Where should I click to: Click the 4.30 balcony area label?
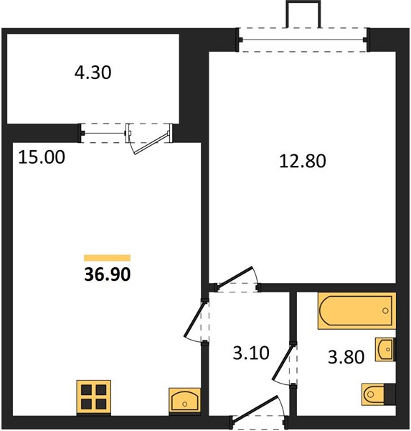(x=93, y=73)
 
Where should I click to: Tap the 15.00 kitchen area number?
(x=42, y=157)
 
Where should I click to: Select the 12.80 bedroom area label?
(x=303, y=161)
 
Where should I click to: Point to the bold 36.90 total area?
(x=107, y=274)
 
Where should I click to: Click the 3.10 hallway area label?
(x=251, y=353)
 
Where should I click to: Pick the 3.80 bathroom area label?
(x=346, y=357)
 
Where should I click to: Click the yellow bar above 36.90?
(x=107, y=258)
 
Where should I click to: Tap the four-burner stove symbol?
(x=94, y=397)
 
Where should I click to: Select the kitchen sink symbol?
(x=184, y=399)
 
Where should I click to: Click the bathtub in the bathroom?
(x=356, y=310)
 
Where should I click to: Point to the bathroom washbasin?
(x=385, y=349)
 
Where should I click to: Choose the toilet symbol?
(x=378, y=394)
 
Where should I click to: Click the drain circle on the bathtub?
(x=385, y=311)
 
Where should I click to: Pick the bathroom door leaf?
(x=283, y=363)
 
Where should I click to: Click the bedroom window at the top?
(x=303, y=40)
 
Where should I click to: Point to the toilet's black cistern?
(x=389, y=394)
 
